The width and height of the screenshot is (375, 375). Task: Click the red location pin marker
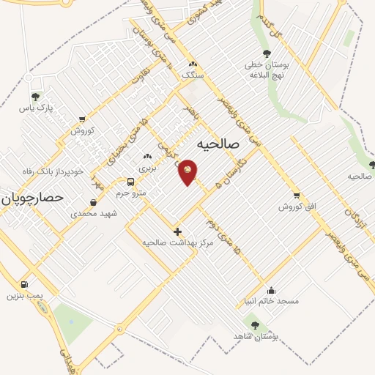187,171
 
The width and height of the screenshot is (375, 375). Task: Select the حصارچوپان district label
32,198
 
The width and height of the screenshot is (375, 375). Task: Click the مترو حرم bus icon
130,182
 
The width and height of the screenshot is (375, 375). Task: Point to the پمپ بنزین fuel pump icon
25,284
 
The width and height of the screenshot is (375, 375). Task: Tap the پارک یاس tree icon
34,96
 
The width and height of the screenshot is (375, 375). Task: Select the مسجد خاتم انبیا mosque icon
272,290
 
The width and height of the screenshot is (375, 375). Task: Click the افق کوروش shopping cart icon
296,196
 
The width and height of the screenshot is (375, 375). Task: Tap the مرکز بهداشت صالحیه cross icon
177,231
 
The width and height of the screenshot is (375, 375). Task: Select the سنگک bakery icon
193,64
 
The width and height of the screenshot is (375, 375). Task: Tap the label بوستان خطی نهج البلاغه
267,70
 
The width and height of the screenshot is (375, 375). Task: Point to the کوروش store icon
82,119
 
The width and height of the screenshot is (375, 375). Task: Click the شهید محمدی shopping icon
94,203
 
